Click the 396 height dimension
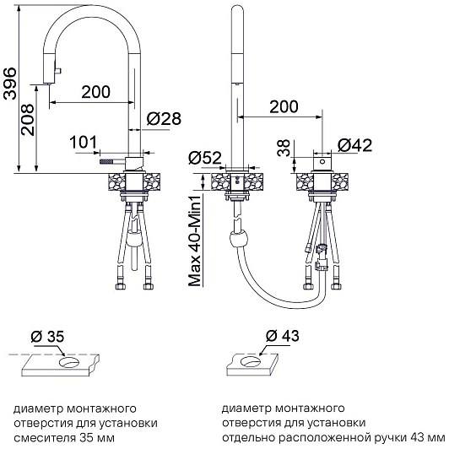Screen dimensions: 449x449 (10, 84)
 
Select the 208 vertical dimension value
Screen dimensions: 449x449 (28, 119)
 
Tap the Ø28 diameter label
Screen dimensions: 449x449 (164, 118)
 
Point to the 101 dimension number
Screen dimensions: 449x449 (84, 143)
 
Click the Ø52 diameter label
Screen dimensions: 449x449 (205, 158)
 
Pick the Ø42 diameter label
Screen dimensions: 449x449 (354, 145)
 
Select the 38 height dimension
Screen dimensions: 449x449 (284, 148)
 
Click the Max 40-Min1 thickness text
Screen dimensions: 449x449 (195, 240)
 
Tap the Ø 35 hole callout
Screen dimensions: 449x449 (47, 337)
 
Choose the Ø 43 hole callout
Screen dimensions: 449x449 (283, 336)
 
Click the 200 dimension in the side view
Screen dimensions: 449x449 (96, 92)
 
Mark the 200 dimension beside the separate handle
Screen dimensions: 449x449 (284, 106)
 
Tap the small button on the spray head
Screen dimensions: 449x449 (58, 71)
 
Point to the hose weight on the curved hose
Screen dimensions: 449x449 (238, 238)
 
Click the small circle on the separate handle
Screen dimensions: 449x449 (322, 161)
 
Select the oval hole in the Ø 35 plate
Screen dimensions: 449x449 (69, 362)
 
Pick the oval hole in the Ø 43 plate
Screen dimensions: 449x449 (251, 361)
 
